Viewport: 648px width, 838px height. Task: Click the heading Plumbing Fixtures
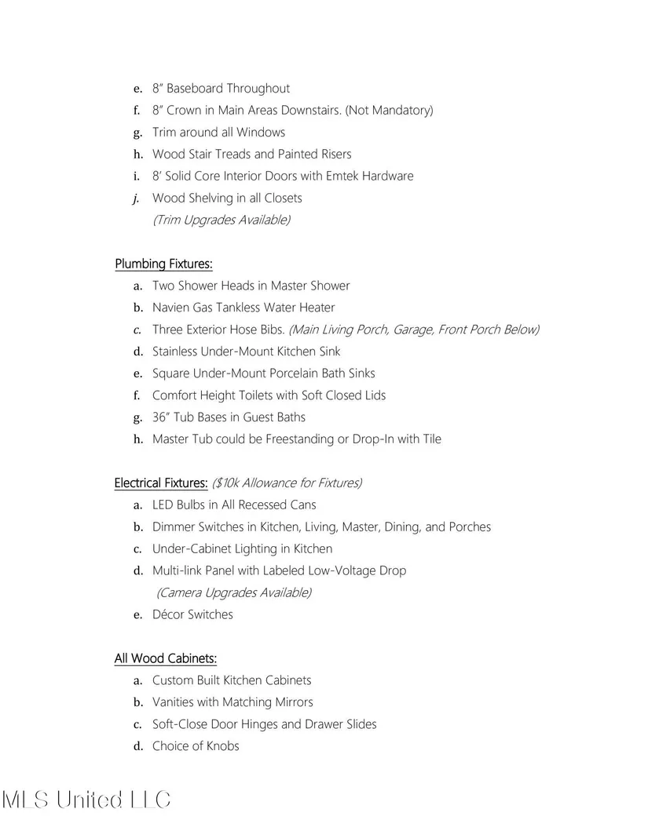point(163,264)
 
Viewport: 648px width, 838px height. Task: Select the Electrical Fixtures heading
point(161,483)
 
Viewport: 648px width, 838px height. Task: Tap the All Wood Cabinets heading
point(165,658)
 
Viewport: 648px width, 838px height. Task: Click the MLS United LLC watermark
point(86,800)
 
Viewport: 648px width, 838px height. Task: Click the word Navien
point(170,308)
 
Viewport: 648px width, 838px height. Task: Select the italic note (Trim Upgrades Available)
point(221,220)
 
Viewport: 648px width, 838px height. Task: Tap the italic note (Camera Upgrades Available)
point(234,592)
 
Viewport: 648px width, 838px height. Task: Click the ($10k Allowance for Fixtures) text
point(287,483)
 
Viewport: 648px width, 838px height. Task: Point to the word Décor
point(168,614)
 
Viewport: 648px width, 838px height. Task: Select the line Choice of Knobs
point(196,746)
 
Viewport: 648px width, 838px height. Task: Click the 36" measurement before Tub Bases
point(161,417)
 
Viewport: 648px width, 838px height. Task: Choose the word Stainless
point(175,352)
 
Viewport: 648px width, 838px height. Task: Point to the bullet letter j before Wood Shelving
point(137,198)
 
